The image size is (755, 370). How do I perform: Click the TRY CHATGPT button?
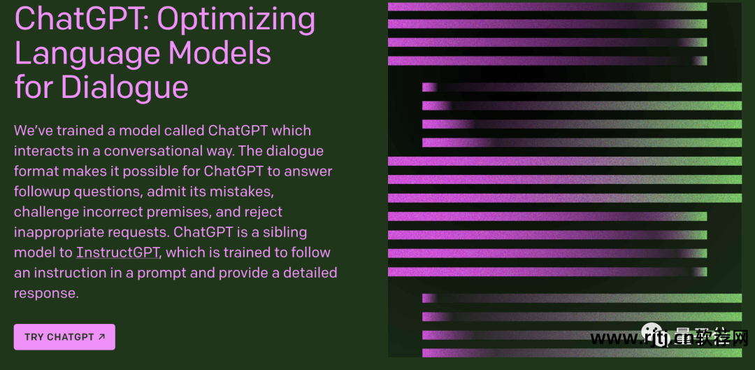pyautogui.click(x=64, y=336)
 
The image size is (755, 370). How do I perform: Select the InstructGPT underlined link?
pyautogui.click(x=117, y=252)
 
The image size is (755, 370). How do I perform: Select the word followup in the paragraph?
pyautogui.click(x=44, y=192)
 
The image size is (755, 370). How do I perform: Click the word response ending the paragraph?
pyautogui.click(x=45, y=293)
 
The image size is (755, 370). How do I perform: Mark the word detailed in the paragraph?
pyautogui.click(x=310, y=273)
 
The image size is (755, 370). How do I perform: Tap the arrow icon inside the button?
pyautogui.click(x=101, y=336)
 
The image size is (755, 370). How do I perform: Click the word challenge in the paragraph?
pyautogui.click(x=46, y=212)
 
